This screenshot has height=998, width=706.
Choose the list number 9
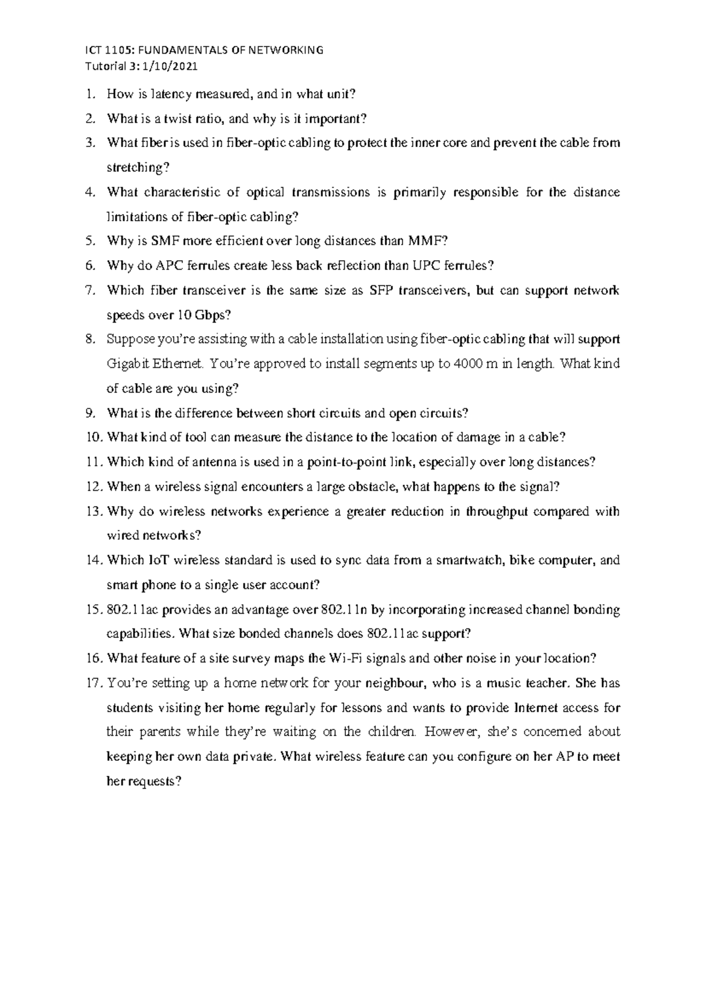point(89,414)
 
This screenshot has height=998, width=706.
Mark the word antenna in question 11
point(218,463)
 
